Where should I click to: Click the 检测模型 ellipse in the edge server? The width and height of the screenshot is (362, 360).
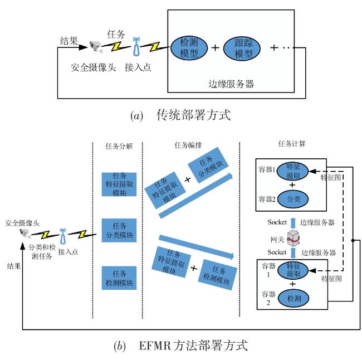(x=189, y=48)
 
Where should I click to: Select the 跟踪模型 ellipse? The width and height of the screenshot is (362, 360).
(x=242, y=48)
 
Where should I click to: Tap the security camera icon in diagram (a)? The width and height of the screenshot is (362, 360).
(x=96, y=47)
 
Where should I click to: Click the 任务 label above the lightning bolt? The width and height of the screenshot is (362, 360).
(x=116, y=35)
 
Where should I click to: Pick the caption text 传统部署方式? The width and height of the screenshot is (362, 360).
(x=193, y=115)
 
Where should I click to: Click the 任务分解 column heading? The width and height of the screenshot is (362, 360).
(x=119, y=146)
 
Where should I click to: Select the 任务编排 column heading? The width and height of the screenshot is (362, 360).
(x=188, y=145)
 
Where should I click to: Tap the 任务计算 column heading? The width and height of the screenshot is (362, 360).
(x=292, y=144)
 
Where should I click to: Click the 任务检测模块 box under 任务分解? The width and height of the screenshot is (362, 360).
(x=119, y=278)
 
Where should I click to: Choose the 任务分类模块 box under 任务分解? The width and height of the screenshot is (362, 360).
(x=119, y=230)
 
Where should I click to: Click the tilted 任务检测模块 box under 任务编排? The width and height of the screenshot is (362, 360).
(x=217, y=275)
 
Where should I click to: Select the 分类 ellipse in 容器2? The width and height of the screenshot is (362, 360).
(x=293, y=199)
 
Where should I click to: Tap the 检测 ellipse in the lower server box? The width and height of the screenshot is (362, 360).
(x=293, y=298)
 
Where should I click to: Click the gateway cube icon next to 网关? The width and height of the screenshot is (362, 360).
(x=293, y=238)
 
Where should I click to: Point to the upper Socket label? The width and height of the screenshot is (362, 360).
(x=277, y=222)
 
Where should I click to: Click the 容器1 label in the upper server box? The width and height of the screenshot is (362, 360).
(x=267, y=169)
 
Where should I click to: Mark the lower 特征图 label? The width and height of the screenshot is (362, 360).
(x=331, y=279)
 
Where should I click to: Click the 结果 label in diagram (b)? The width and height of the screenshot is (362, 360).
(x=14, y=266)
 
